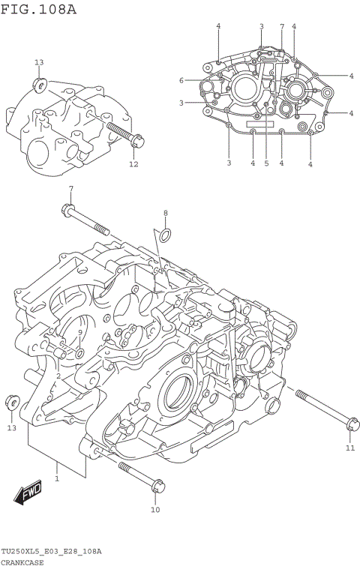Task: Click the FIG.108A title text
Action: (38, 9)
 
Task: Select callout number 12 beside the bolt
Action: (133, 164)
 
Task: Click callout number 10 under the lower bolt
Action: (155, 510)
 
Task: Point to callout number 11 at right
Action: (349, 448)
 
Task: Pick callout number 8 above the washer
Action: (166, 213)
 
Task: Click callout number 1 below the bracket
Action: (56, 477)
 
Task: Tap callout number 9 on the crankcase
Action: (79, 332)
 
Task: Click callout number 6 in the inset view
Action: (181, 80)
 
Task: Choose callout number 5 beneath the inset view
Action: (266, 163)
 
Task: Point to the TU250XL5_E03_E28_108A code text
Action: (51, 551)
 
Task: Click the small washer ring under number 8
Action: (166, 238)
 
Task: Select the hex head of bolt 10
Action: (156, 488)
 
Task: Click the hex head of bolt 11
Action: (351, 424)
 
